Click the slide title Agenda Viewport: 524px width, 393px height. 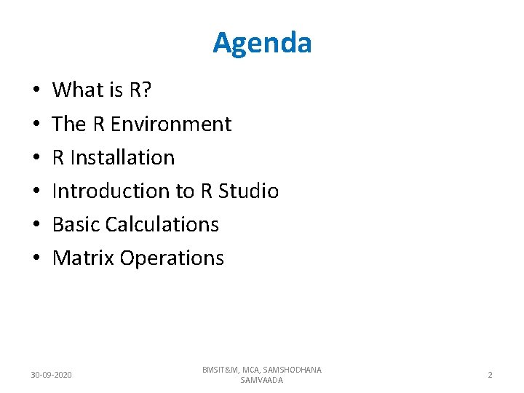262,43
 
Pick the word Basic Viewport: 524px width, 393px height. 76,225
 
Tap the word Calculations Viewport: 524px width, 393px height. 162,225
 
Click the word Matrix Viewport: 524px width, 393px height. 84,258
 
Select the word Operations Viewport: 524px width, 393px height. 172,258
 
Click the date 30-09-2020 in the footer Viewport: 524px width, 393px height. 51,375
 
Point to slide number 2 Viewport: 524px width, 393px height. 490,375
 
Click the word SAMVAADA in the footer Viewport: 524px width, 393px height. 262,380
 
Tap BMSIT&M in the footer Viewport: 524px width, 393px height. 221,370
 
